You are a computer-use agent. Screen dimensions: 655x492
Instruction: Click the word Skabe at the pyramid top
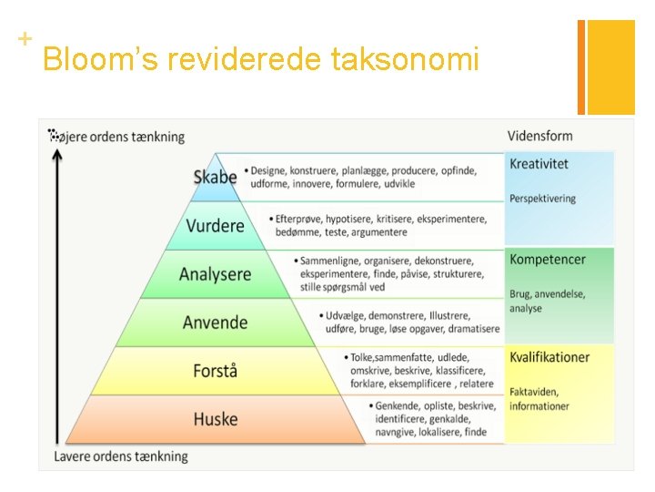(x=215, y=177)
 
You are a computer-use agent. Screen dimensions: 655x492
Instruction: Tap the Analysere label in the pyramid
(x=215, y=273)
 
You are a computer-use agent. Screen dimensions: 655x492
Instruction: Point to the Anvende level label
(x=215, y=323)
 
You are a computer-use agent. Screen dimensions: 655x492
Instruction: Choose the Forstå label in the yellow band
(x=215, y=371)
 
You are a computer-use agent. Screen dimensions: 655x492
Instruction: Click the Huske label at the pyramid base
(x=215, y=419)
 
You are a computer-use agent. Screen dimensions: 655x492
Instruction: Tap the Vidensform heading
(x=539, y=137)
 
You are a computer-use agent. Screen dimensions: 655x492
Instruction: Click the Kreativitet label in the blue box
(x=539, y=164)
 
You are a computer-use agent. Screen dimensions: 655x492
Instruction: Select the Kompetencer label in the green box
(x=548, y=260)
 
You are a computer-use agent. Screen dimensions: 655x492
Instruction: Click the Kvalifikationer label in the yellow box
(x=549, y=357)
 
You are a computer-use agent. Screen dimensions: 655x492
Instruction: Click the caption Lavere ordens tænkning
(x=121, y=456)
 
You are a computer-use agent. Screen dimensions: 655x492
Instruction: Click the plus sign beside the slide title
(x=25, y=39)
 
